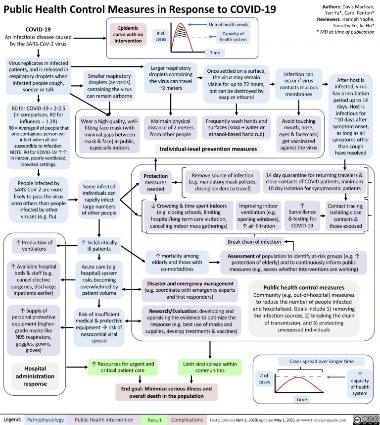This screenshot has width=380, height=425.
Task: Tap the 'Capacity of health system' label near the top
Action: pos(233,37)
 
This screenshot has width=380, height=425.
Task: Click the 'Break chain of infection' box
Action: pos(253,242)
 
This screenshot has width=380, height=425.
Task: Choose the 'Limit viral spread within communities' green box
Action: pos(210,368)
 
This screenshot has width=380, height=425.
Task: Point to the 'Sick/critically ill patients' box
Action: pos(99,245)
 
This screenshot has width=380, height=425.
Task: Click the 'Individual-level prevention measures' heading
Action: pos(204,149)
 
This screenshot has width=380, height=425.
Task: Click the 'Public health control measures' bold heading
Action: pos(304,287)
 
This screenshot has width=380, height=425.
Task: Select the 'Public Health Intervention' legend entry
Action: pos(105,420)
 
